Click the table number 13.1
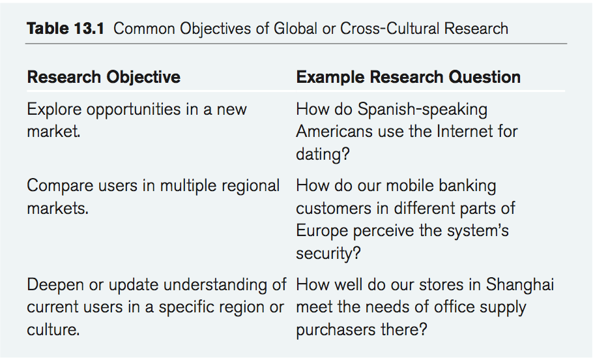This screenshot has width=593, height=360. point(89,29)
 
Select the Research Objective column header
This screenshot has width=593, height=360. point(104,77)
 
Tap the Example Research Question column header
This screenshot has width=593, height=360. point(409,77)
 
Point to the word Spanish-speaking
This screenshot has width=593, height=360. point(422,110)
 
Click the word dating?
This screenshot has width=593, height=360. point(323,155)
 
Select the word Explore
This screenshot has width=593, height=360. point(54,110)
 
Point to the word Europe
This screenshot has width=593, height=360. point(322,231)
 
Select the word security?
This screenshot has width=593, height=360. point(328,253)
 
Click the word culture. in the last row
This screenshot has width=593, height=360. point(53,330)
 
